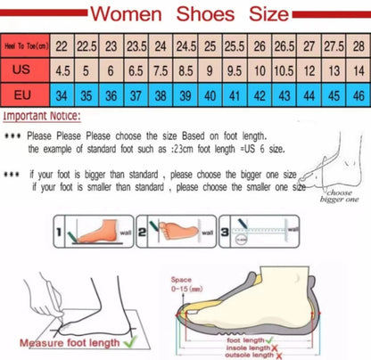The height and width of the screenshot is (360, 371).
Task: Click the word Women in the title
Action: click(x=124, y=14)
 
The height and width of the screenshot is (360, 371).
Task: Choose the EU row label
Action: click(x=26, y=94)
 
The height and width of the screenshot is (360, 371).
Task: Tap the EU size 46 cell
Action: click(x=358, y=94)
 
